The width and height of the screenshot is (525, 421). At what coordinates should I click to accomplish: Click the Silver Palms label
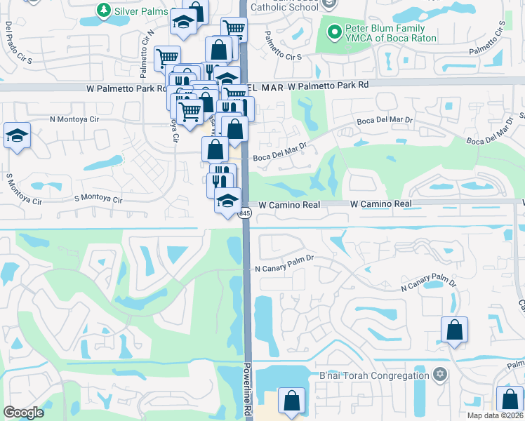click(x=141, y=11)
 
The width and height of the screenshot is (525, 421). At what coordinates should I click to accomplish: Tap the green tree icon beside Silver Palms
click(x=104, y=11)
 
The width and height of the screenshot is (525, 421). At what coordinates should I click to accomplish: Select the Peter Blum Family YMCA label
click(x=390, y=34)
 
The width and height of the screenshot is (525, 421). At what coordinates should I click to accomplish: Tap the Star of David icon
click(x=440, y=374)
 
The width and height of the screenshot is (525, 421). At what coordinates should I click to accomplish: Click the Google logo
click(x=23, y=413)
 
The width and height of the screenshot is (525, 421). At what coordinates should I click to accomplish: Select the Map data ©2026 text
click(x=495, y=416)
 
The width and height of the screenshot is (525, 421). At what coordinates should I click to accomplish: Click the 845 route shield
click(x=245, y=213)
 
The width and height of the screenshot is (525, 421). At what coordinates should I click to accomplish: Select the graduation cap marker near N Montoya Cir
click(x=17, y=135)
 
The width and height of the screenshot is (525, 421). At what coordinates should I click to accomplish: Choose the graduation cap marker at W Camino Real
click(x=227, y=201)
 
